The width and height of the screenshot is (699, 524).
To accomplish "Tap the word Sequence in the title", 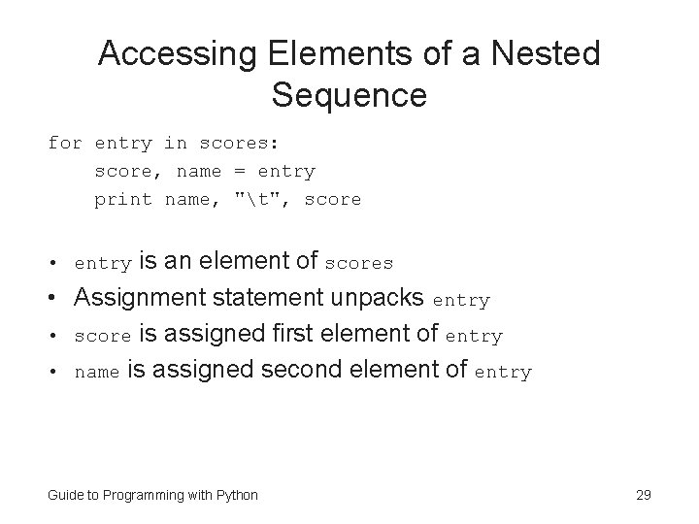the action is (349, 95).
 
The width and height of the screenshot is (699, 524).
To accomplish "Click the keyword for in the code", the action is (65, 144).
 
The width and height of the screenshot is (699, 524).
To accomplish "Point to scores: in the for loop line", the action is (239, 144).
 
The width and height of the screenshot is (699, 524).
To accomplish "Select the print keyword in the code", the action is (122, 200).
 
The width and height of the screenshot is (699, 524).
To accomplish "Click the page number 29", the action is (643, 495).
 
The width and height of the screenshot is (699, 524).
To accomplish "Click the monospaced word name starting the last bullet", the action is (98, 373).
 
